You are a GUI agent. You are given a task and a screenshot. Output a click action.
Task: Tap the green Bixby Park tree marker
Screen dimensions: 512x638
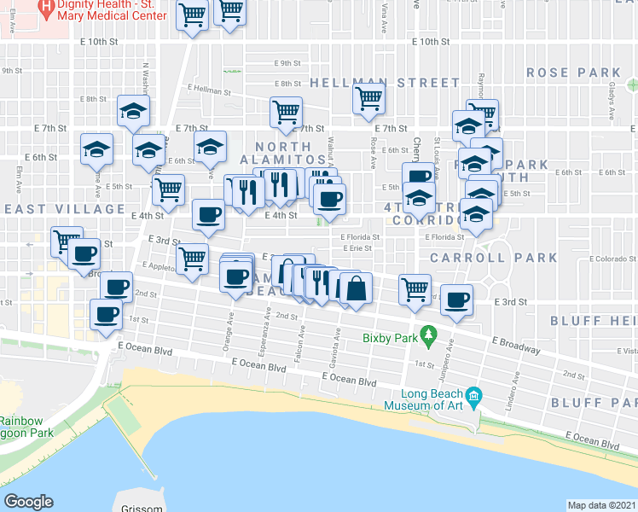[429, 333]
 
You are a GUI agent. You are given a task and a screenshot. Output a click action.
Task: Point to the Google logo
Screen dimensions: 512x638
[28, 502]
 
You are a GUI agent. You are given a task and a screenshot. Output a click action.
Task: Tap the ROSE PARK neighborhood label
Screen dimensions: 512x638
[565, 73]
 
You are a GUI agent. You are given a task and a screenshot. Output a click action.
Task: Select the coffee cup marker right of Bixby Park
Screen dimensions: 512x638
[457, 300]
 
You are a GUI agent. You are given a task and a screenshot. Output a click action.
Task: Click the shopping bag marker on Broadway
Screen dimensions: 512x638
[355, 288]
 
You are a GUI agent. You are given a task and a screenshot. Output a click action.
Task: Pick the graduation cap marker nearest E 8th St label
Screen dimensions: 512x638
[132, 111]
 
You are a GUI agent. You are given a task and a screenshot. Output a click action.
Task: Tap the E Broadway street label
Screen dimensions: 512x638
[515, 345]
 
